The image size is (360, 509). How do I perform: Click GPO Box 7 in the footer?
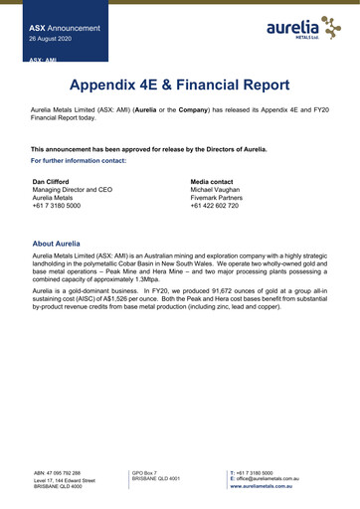147,472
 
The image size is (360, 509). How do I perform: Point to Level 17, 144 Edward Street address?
65,480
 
